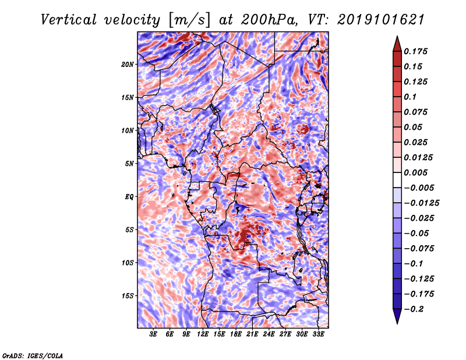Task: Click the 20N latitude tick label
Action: coord(127,65)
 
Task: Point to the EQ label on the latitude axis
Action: coord(129,197)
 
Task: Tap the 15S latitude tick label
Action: coord(128,296)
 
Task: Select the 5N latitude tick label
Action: coord(129,164)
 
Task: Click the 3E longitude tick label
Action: coord(153,334)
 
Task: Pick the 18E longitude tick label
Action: coord(236,334)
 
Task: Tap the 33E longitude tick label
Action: coord(318,334)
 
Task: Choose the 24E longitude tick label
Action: coord(269,334)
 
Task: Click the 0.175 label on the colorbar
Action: coord(415,51)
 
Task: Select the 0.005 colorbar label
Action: coord(415,172)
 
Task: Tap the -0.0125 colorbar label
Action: coord(421,203)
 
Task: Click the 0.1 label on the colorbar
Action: coord(410,97)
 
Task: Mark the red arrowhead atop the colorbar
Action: coord(397,44)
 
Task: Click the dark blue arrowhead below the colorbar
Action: coord(397,316)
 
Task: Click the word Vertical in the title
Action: coord(69,20)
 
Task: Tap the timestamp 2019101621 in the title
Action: coord(381,20)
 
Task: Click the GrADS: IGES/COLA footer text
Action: coord(33,355)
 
